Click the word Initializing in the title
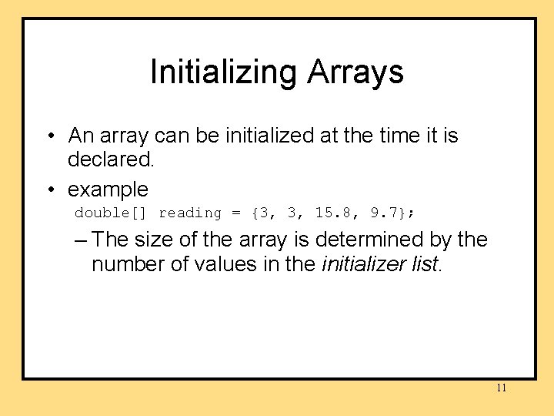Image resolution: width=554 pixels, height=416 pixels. point(224,72)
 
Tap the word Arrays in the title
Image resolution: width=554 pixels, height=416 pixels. point(355,72)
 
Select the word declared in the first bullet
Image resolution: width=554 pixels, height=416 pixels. point(111,160)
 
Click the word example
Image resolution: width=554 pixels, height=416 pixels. point(108,189)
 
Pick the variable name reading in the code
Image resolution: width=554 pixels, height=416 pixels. point(189,213)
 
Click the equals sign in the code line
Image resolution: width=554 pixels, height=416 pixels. point(236,213)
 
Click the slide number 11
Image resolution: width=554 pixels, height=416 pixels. point(501,387)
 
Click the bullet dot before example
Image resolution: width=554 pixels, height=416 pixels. point(49,190)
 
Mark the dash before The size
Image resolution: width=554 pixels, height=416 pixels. point(82,240)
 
